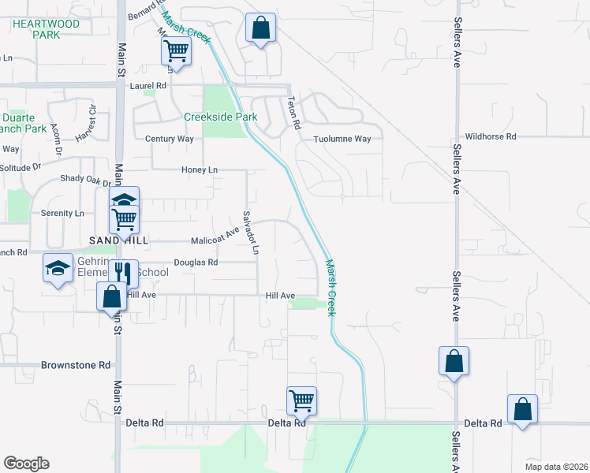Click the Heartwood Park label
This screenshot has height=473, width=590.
pos(47,30)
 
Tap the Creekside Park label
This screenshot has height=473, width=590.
pos(221,117)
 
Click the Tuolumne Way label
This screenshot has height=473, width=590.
pos(342,139)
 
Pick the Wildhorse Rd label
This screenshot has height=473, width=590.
pos(490,136)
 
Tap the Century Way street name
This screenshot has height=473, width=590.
pos(170,139)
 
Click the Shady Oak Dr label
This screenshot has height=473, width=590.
pos(87,178)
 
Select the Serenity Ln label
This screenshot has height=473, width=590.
pos(62,213)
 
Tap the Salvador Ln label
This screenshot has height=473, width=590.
pos(250,232)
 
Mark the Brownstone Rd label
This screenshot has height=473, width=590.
pos(77,366)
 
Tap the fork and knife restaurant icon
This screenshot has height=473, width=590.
pos(121,273)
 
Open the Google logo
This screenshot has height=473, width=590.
pos(26,464)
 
